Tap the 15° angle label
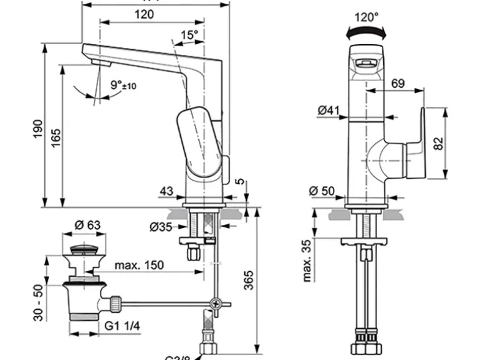(190, 35)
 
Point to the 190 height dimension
(37, 130)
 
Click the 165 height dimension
(55, 137)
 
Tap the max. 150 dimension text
(139, 265)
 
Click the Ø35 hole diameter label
(161, 226)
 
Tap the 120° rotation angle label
(367, 17)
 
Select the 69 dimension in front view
(398, 83)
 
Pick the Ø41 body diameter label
(328, 111)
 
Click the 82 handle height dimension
(439, 143)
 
